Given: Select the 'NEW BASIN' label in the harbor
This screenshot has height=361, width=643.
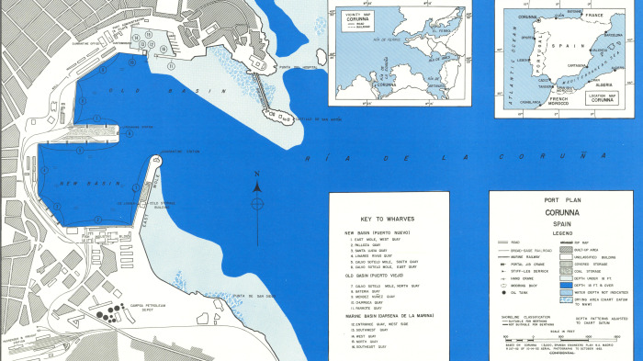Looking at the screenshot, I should tap(80, 184).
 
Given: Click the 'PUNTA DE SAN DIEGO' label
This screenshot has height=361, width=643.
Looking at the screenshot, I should tap(251, 295).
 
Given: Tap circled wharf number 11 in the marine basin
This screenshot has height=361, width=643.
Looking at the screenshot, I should tap(172, 66).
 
